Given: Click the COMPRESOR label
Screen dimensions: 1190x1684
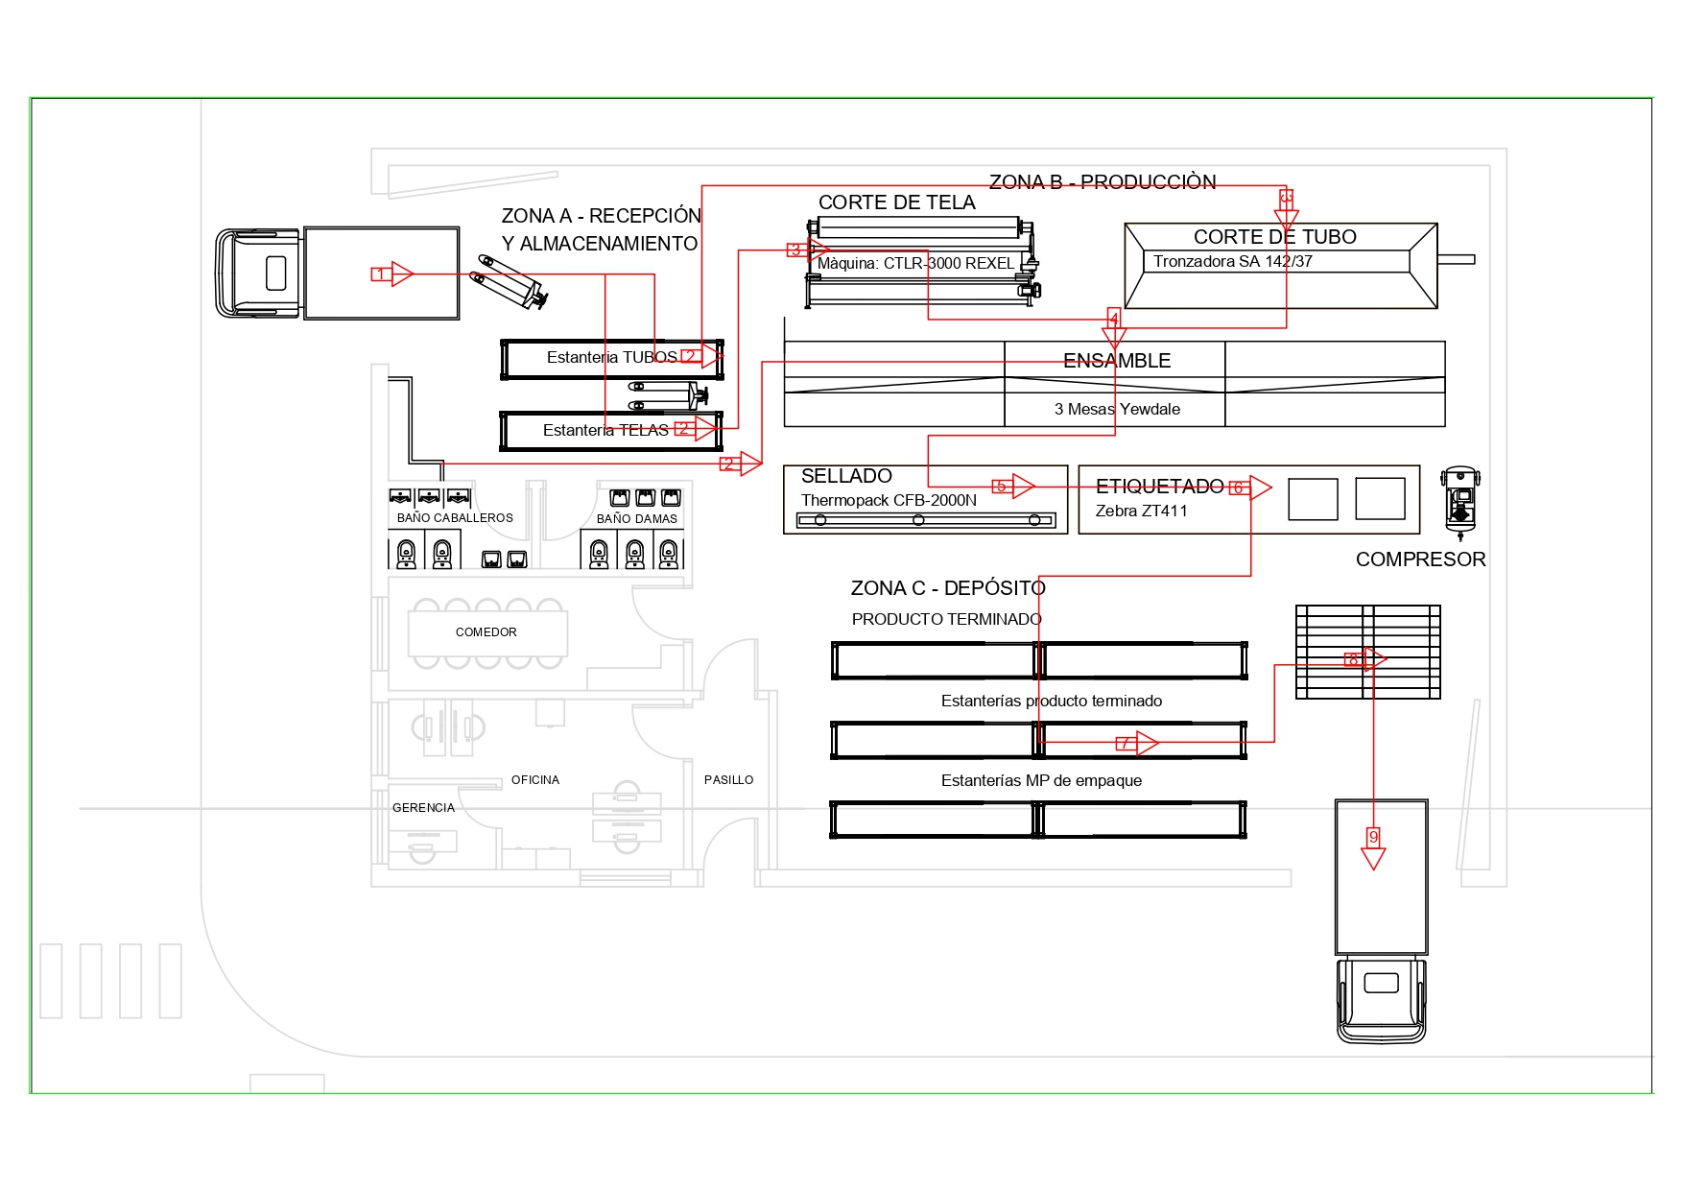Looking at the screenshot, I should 1420,559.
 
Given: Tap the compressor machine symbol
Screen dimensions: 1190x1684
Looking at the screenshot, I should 1459,501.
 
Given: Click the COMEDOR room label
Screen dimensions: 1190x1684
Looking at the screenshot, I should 486,632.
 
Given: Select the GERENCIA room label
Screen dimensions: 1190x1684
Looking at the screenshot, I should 423,808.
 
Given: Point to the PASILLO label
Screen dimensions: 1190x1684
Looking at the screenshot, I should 728,780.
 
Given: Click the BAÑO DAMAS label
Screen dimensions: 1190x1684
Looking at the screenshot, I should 636,519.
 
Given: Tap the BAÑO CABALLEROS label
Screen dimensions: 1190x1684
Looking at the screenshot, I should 455,518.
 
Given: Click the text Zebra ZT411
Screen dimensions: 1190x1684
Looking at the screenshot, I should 1141,512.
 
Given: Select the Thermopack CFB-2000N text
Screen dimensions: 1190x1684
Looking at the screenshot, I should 889,501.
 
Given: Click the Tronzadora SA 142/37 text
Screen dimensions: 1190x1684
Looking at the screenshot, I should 1232,262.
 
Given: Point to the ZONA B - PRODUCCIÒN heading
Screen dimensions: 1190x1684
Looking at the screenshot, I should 1103,182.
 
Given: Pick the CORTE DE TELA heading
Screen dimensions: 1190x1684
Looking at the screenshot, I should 896,202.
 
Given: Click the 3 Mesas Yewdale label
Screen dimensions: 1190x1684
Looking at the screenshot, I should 1117,410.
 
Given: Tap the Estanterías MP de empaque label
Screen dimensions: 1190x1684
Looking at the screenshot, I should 1041,781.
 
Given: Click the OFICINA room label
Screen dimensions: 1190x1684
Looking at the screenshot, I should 534,780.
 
